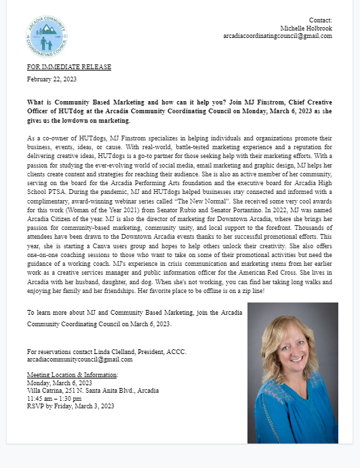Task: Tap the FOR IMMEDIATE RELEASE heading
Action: point(69,68)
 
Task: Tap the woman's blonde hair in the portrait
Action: point(271,339)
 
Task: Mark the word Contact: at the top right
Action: point(320,20)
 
